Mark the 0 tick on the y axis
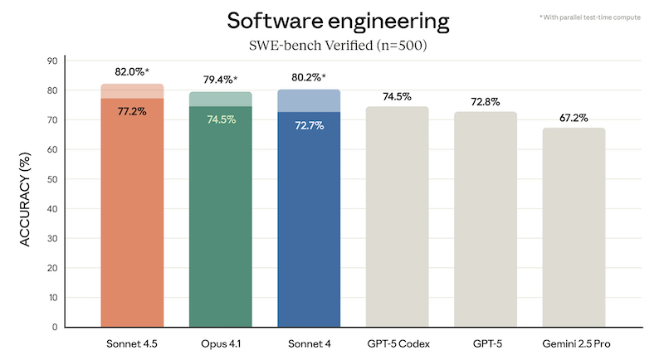point(54,327)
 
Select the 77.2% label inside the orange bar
point(132,110)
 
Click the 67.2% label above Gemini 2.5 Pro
point(574,118)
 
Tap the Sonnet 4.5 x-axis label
point(132,343)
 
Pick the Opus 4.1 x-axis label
point(221,343)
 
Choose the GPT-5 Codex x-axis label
point(397,343)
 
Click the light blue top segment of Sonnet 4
point(309,100)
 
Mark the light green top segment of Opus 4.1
point(221,99)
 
